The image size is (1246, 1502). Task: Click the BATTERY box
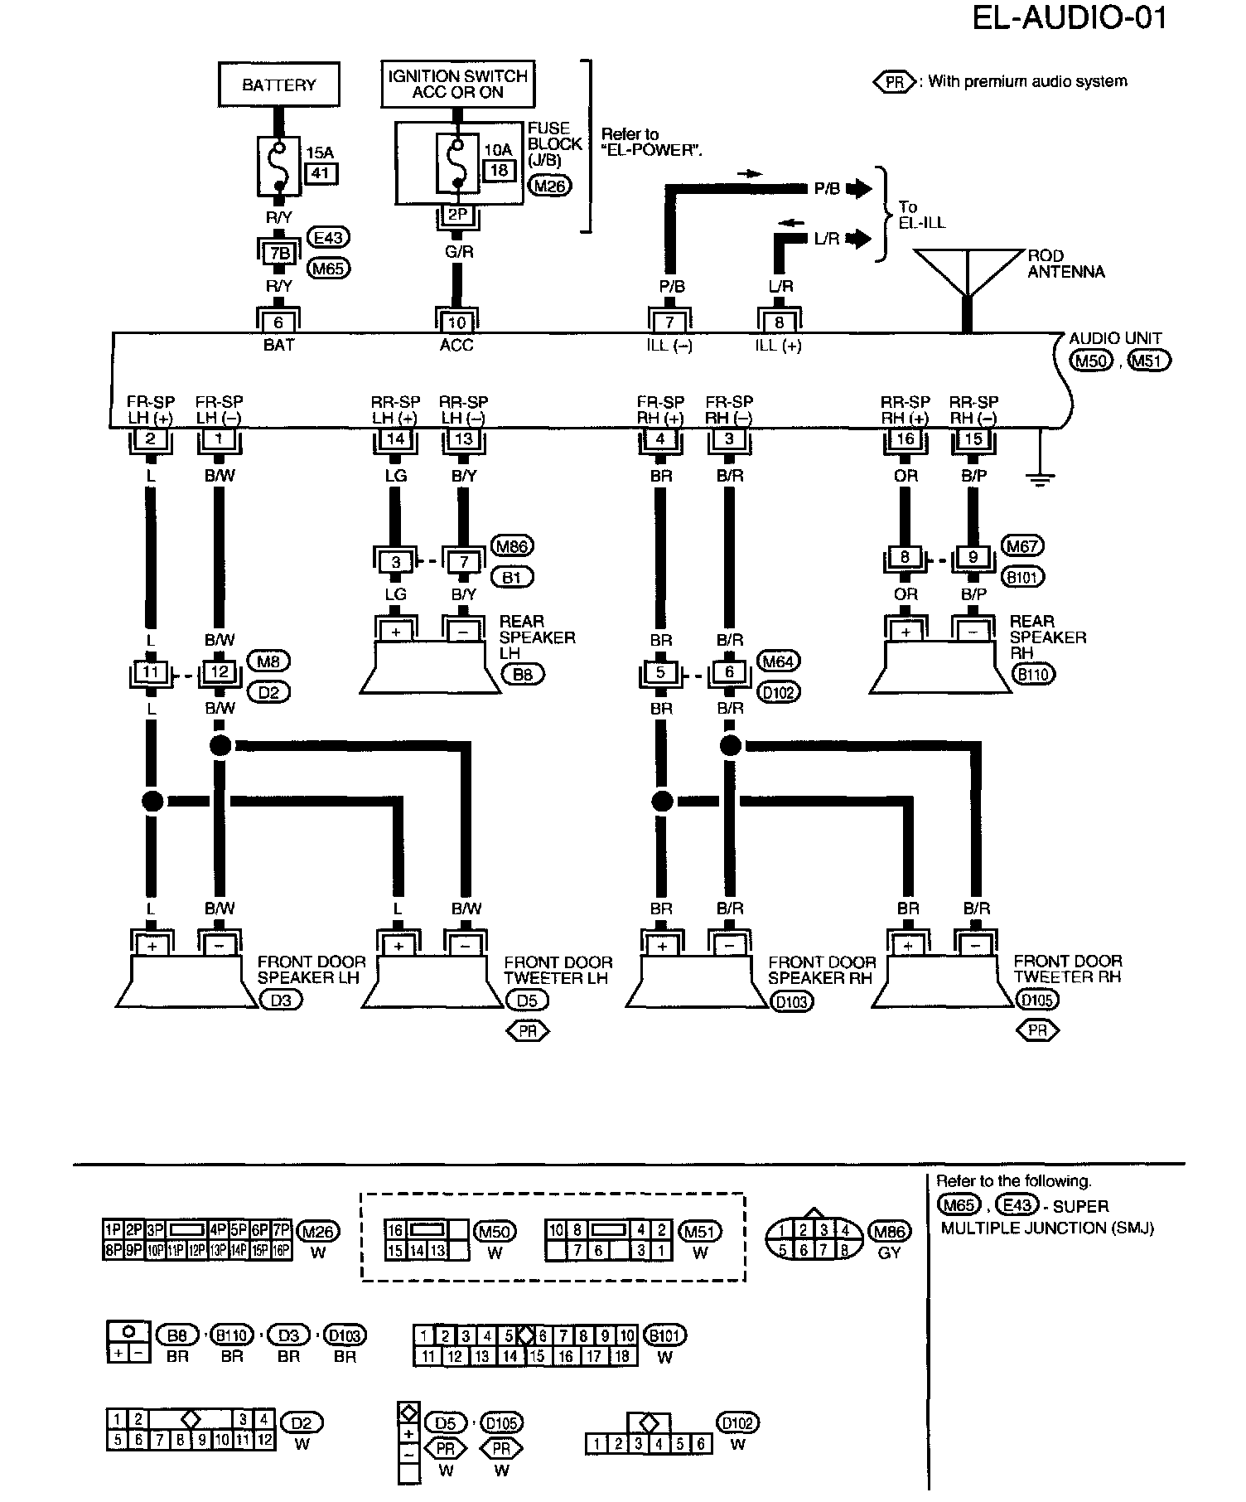click(278, 85)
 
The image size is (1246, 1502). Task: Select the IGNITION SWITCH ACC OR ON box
click(457, 84)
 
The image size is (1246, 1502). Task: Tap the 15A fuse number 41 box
click(322, 174)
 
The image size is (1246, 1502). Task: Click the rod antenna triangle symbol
click(967, 272)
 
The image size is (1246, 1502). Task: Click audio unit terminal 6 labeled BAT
click(278, 322)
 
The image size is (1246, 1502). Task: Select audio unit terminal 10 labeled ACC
click(456, 322)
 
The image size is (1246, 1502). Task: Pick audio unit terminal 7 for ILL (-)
click(669, 322)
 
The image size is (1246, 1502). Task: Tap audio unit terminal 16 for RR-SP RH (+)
click(905, 438)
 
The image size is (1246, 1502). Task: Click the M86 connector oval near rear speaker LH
click(513, 546)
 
